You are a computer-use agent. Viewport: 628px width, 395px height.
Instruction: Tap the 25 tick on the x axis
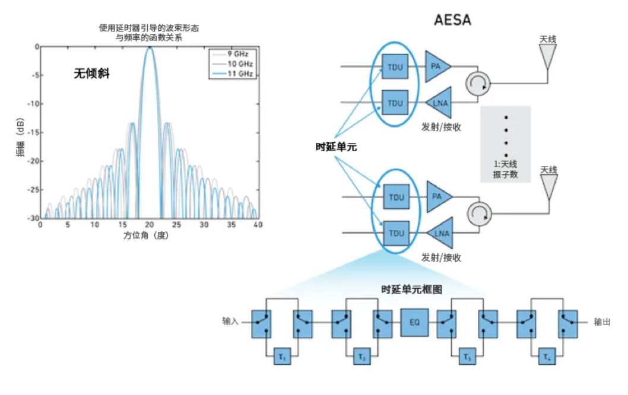click(x=177, y=225)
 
